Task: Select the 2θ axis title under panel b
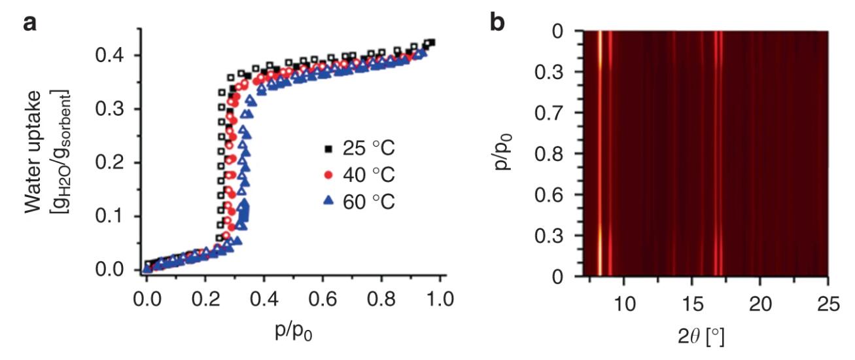705,338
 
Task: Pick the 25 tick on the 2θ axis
828,302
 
